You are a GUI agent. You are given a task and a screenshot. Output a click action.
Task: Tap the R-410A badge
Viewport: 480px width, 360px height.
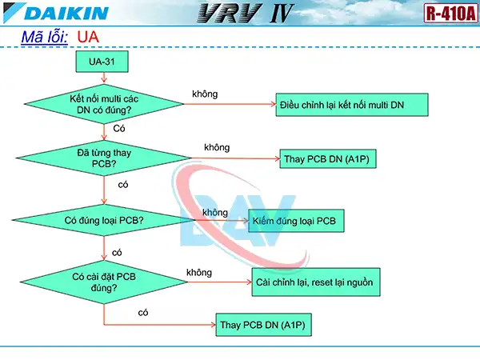point(449,13)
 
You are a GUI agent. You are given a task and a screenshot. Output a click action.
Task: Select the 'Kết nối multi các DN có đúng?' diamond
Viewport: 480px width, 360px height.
point(102,104)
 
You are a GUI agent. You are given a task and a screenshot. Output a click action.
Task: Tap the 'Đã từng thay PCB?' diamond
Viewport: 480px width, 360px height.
point(104,158)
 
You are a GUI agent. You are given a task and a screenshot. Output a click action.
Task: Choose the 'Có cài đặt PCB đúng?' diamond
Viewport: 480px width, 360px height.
point(104,282)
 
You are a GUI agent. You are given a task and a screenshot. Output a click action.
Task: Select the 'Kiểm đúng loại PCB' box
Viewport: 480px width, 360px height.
point(296,220)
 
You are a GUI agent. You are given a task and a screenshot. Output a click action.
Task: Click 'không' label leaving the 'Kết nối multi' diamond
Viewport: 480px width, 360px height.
point(205,94)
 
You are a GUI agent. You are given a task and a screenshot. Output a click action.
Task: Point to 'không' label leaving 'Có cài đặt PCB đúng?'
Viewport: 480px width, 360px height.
point(199,273)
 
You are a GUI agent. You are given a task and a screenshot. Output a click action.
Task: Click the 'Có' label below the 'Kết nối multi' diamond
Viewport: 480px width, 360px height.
point(119,128)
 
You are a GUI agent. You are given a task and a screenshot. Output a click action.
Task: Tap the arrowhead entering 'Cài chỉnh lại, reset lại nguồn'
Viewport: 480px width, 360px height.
point(246,282)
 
